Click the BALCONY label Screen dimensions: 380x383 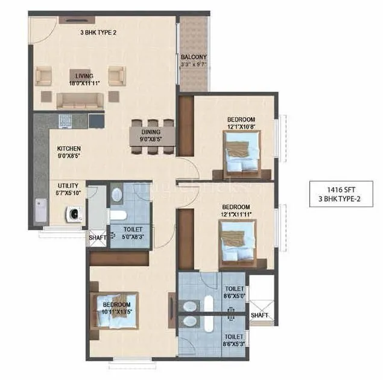193,57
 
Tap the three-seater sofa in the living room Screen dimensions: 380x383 80,99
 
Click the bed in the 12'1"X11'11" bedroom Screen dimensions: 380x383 238,240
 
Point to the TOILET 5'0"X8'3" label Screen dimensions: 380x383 131,233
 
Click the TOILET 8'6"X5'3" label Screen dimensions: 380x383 233,340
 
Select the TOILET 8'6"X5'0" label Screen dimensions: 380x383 233,293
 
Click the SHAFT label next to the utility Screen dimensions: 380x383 97,237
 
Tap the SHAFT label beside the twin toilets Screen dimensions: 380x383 259,315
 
